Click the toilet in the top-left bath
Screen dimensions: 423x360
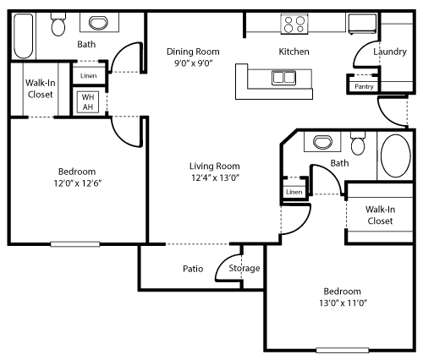(x=58, y=25)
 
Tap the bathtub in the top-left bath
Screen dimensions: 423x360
(x=24, y=36)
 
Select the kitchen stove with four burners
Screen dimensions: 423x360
(x=294, y=24)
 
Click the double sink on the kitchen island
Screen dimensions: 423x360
(x=283, y=78)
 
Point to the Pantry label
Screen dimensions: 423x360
(x=364, y=86)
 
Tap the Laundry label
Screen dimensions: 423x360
(x=390, y=52)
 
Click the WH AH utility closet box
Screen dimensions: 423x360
(x=88, y=101)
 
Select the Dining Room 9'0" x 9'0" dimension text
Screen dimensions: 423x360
(x=193, y=63)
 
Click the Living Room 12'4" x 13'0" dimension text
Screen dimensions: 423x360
(x=215, y=177)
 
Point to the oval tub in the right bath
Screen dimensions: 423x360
(x=396, y=155)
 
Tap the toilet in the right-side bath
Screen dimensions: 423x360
(x=358, y=143)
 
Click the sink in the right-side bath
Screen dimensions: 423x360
(x=322, y=142)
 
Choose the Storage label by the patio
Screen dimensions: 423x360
(x=244, y=268)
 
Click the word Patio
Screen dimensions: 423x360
(x=193, y=269)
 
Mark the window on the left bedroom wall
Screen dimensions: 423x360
(x=75, y=244)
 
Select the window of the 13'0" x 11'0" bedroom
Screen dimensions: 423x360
(x=343, y=351)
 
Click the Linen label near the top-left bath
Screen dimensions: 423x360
(x=88, y=76)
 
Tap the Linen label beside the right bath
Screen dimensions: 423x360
(x=294, y=192)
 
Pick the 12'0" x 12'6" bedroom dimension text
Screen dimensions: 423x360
(x=78, y=183)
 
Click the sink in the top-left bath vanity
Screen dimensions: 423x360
(x=98, y=23)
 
